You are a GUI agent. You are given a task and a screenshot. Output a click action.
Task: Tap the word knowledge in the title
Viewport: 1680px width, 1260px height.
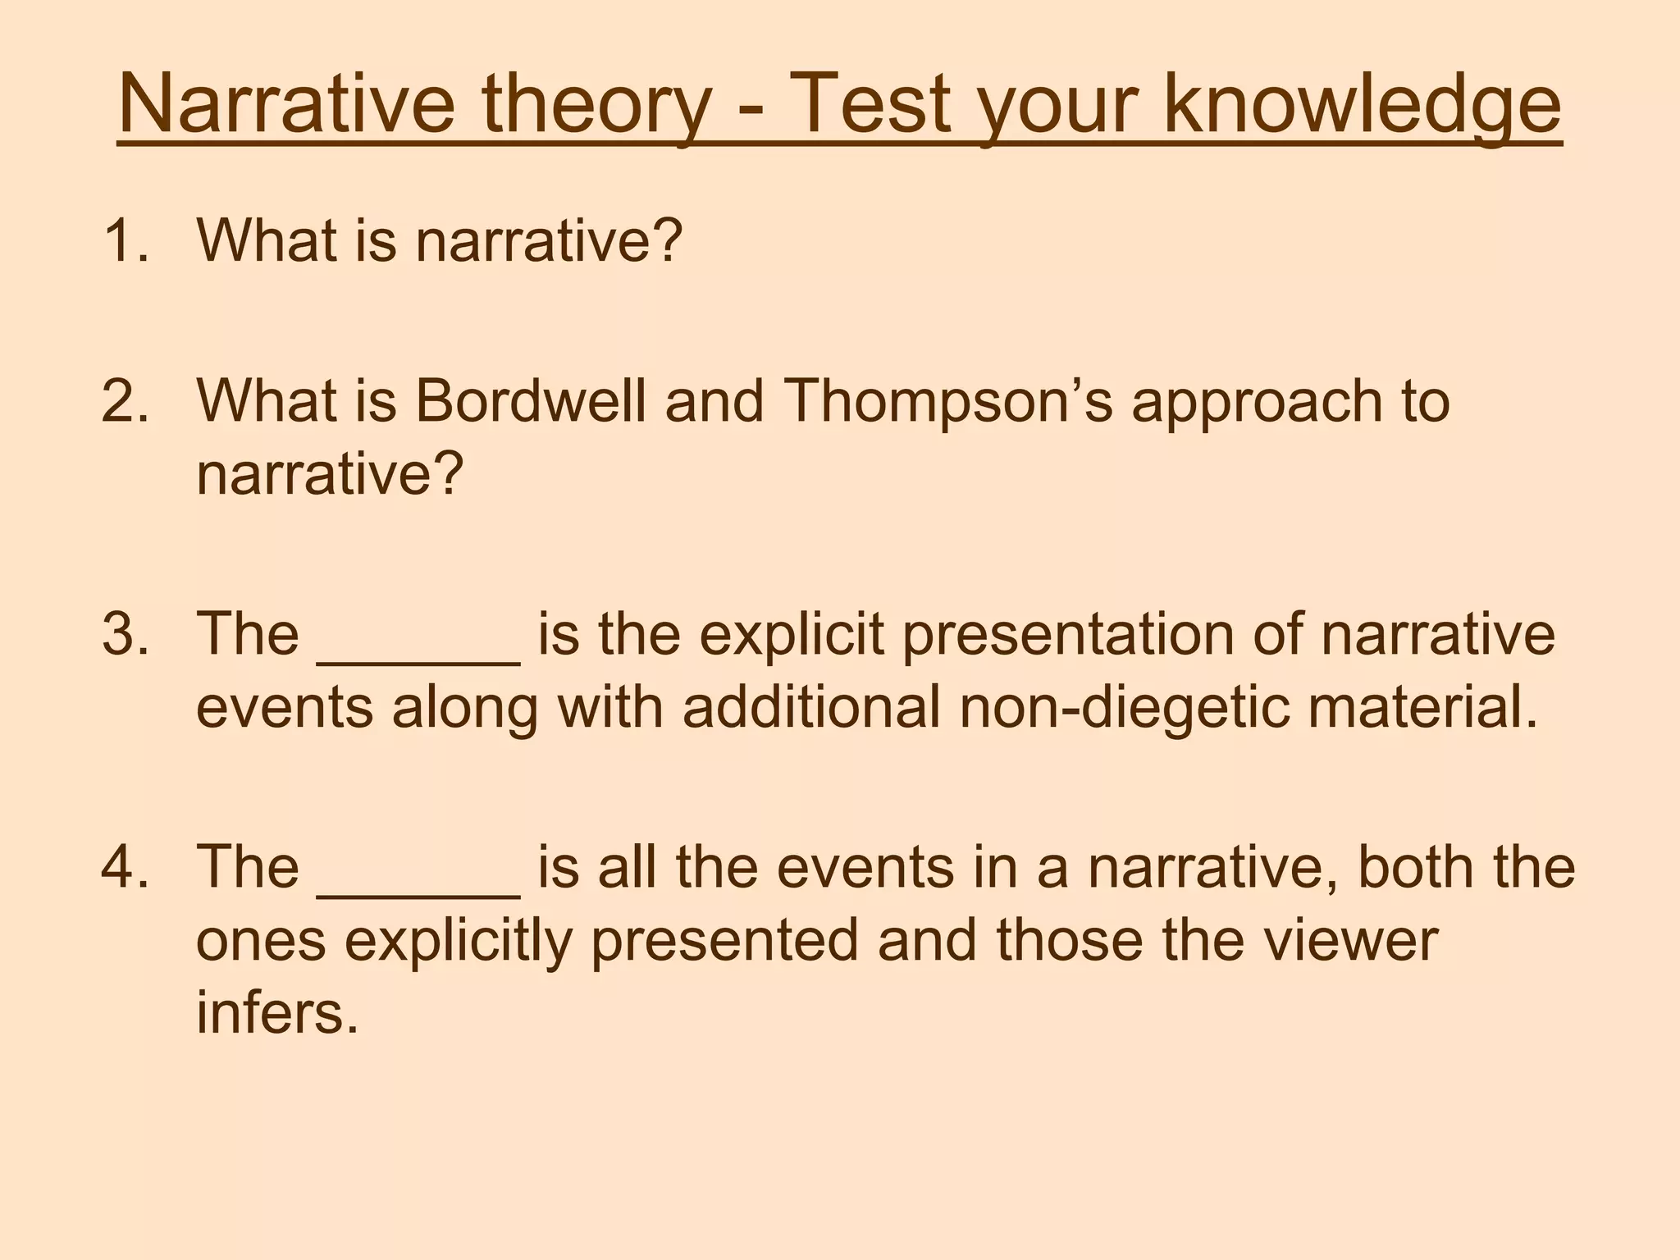click(x=1363, y=104)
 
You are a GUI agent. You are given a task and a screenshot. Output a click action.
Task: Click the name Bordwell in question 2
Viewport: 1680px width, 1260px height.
click(x=530, y=401)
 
